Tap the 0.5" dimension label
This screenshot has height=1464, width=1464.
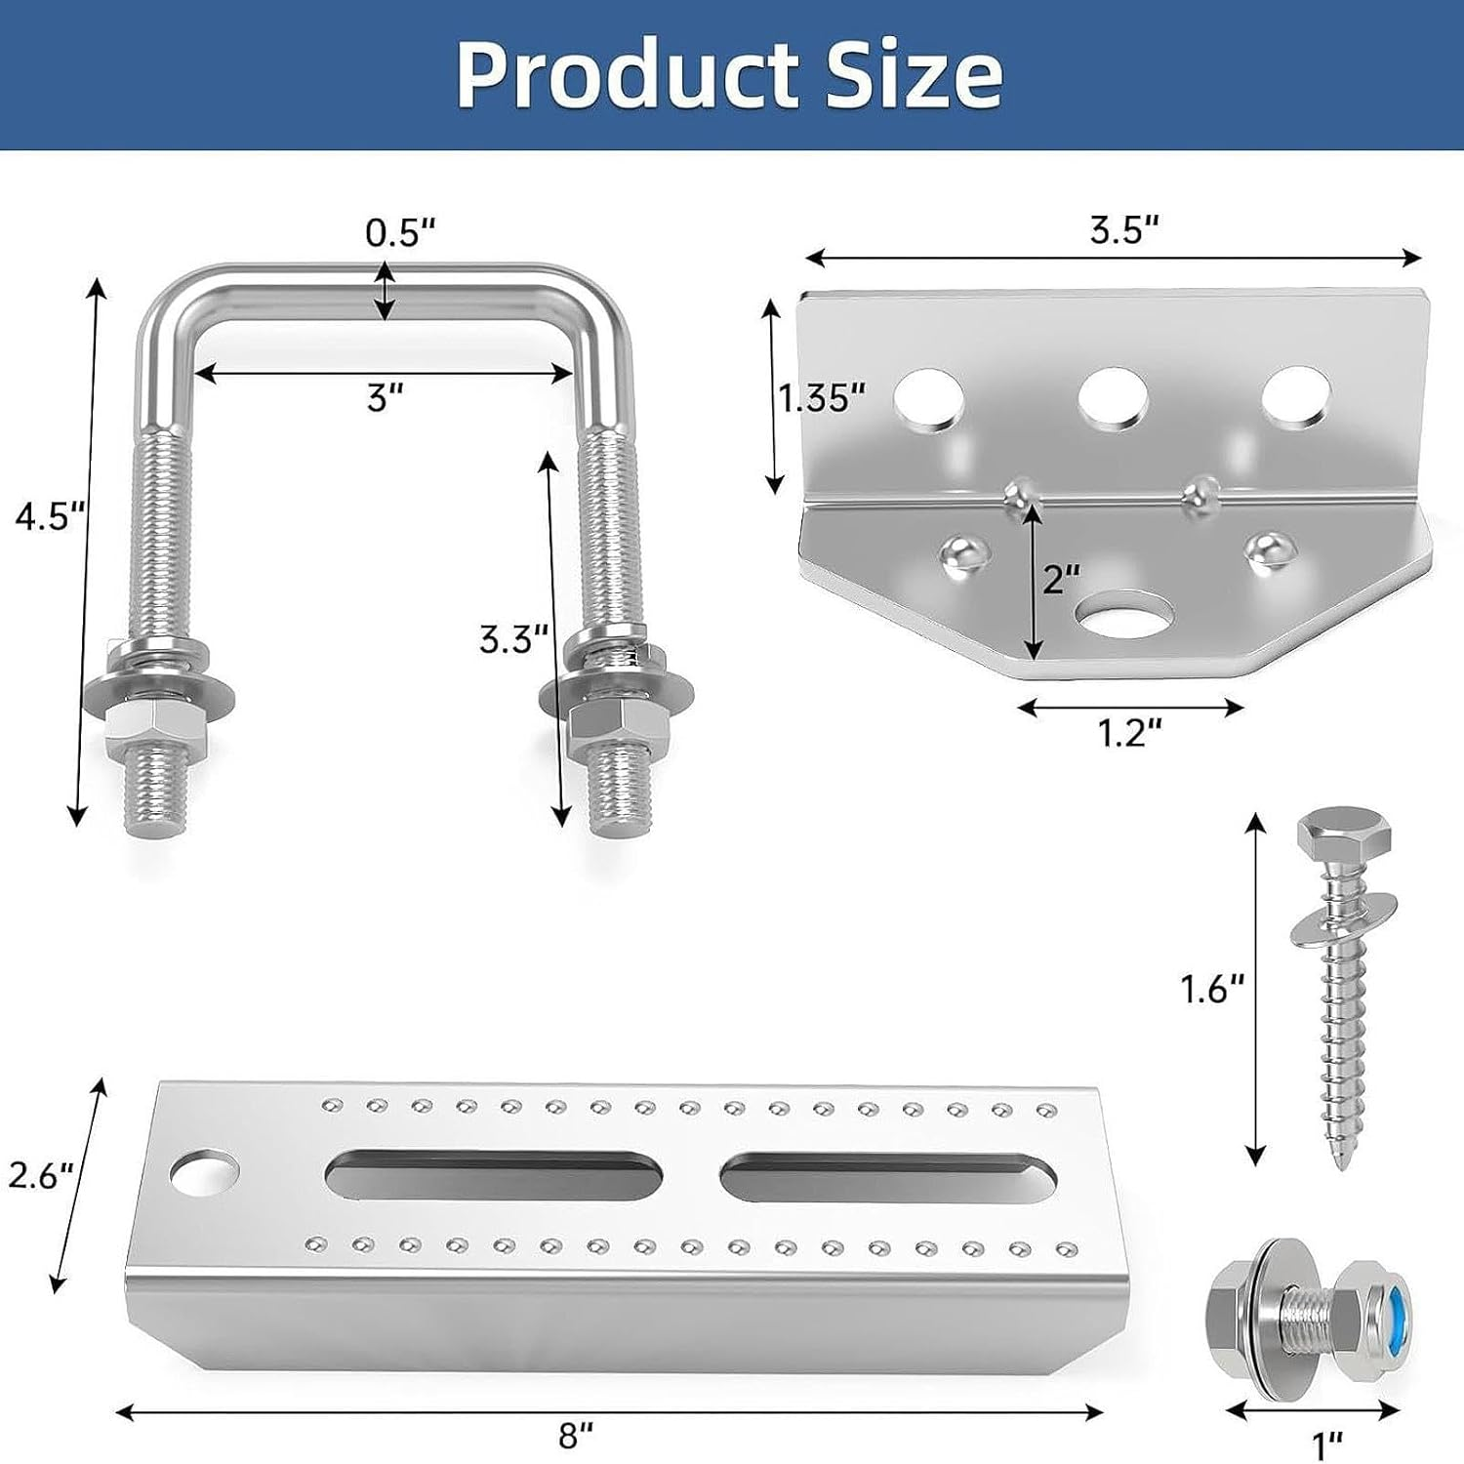(399, 232)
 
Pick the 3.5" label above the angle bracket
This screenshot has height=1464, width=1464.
(1124, 230)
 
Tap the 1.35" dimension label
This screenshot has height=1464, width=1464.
(822, 398)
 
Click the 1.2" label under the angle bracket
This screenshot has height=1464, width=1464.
(1129, 732)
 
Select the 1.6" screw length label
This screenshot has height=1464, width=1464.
(1212, 990)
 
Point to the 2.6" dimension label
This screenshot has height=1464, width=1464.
(41, 1175)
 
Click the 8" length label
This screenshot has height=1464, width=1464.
(576, 1435)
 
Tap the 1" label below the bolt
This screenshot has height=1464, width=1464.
(1325, 1442)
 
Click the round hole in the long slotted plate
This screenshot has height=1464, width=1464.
(204, 1173)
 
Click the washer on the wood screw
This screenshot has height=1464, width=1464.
(1337, 921)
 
